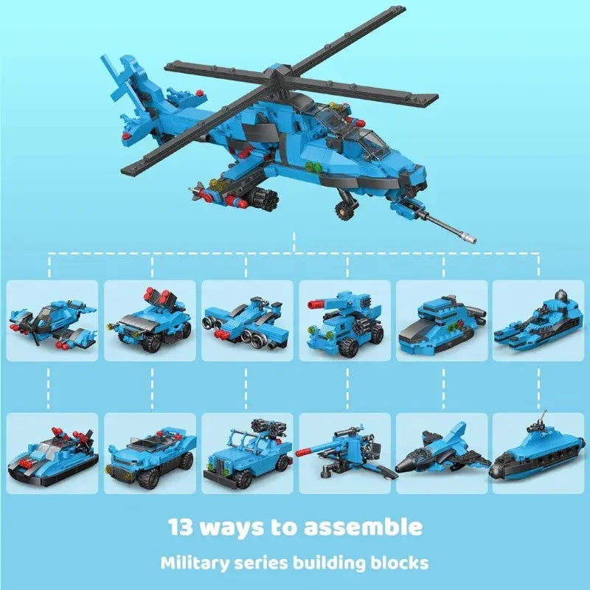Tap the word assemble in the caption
pyautogui.click(x=363, y=527)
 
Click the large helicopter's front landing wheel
pyautogui.click(x=344, y=210)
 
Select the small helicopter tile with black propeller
pyautogui.click(x=52, y=321)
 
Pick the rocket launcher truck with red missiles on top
pyautogui.click(x=150, y=321)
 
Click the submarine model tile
pyautogui.click(x=538, y=454)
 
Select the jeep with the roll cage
pyautogui.click(x=247, y=454)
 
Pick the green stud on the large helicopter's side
pyautogui.click(x=309, y=165)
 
